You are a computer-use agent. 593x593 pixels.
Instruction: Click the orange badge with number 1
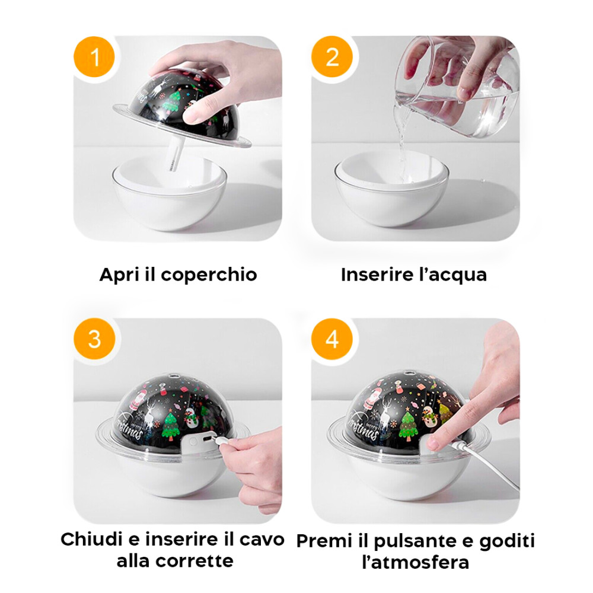[x=94, y=58]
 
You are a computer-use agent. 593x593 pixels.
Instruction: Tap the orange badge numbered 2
[x=332, y=58]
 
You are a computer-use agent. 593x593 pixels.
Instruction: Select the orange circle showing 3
[x=94, y=340]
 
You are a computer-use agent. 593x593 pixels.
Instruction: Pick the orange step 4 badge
[x=332, y=340]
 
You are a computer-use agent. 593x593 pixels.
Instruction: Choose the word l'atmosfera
[x=415, y=562]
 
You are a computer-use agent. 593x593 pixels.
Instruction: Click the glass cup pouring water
[x=457, y=83]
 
